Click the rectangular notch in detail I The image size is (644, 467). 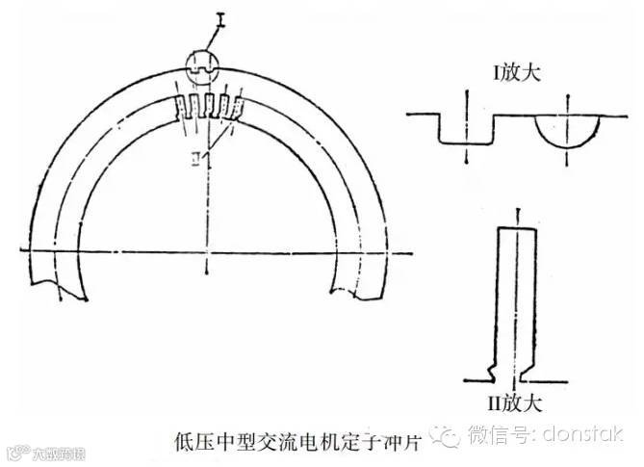tap(466, 131)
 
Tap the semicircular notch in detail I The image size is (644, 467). tap(569, 131)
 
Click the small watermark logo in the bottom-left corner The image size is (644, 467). tap(15, 451)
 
